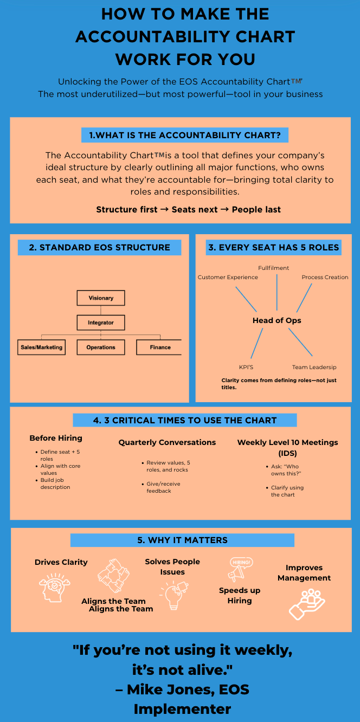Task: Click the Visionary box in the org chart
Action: click(x=101, y=298)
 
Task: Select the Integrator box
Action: click(x=101, y=323)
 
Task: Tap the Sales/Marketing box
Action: click(x=41, y=347)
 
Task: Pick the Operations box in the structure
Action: click(x=101, y=347)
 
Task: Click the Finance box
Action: click(x=160, y=347)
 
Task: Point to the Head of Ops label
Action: click(x=277, y=320)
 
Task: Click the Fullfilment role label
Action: click(x=273, y=268)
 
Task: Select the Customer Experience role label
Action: click(x=228, y=277)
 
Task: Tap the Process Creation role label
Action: click(x=325, y=277)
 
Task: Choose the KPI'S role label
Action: click(x=246, y=367)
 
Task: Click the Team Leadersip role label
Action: click(x=314, y=367)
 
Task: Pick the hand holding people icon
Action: click(x=306, y=603)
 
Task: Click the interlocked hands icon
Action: click(x=113, y=576)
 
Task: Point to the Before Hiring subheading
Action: click(x=56, y=438)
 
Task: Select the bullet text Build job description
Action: click(x=55, y=484)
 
